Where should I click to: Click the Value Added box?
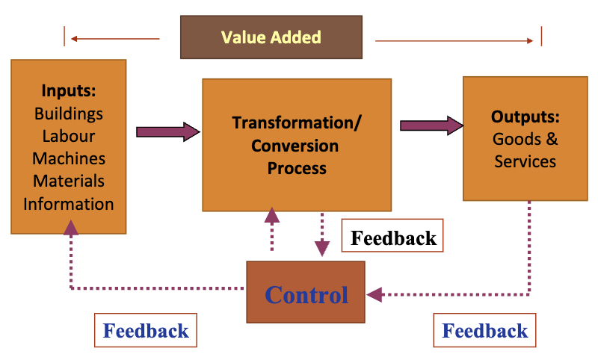271,37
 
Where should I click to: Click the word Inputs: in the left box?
69,91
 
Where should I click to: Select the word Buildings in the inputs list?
69,114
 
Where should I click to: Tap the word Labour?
69,136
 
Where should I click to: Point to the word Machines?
69,158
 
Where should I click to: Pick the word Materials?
69,181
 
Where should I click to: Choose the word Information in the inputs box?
69,203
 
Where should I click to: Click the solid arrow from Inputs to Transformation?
168,132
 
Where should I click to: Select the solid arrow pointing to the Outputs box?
431,125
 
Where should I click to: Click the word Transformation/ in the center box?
297,122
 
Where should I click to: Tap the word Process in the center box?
297,167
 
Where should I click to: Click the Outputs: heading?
525,117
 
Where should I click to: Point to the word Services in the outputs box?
525,161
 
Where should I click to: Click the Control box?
306,294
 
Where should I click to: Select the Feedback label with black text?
393,238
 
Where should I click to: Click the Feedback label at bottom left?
146,330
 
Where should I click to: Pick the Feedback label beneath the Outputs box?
485,330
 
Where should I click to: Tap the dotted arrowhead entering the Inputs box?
70,227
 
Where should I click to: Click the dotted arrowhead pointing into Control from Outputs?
374,294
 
